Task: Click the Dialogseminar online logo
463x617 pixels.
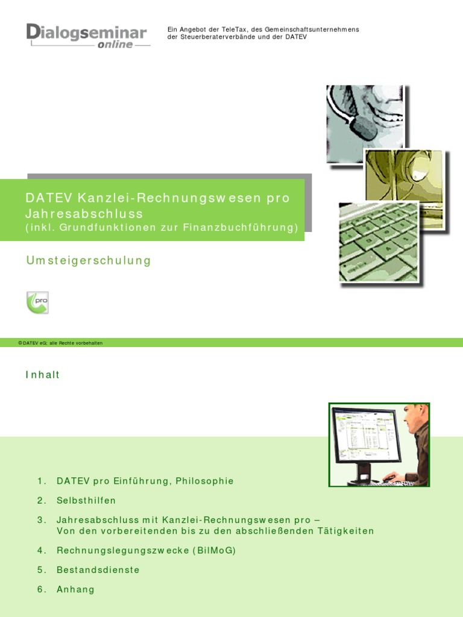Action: tap(87, 36)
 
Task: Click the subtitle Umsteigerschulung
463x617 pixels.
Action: tap(88, 260)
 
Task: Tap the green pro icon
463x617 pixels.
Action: tap(37, 301)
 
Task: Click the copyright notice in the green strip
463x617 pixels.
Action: tap(60, 342)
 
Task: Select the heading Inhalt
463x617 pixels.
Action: tap(43, 375)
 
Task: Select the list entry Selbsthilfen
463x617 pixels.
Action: tap(86, 500)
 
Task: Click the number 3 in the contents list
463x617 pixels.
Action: tap(41, 519)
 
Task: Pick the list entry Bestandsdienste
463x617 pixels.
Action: tap(98, 569)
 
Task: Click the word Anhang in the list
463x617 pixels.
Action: tap(75, 589)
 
